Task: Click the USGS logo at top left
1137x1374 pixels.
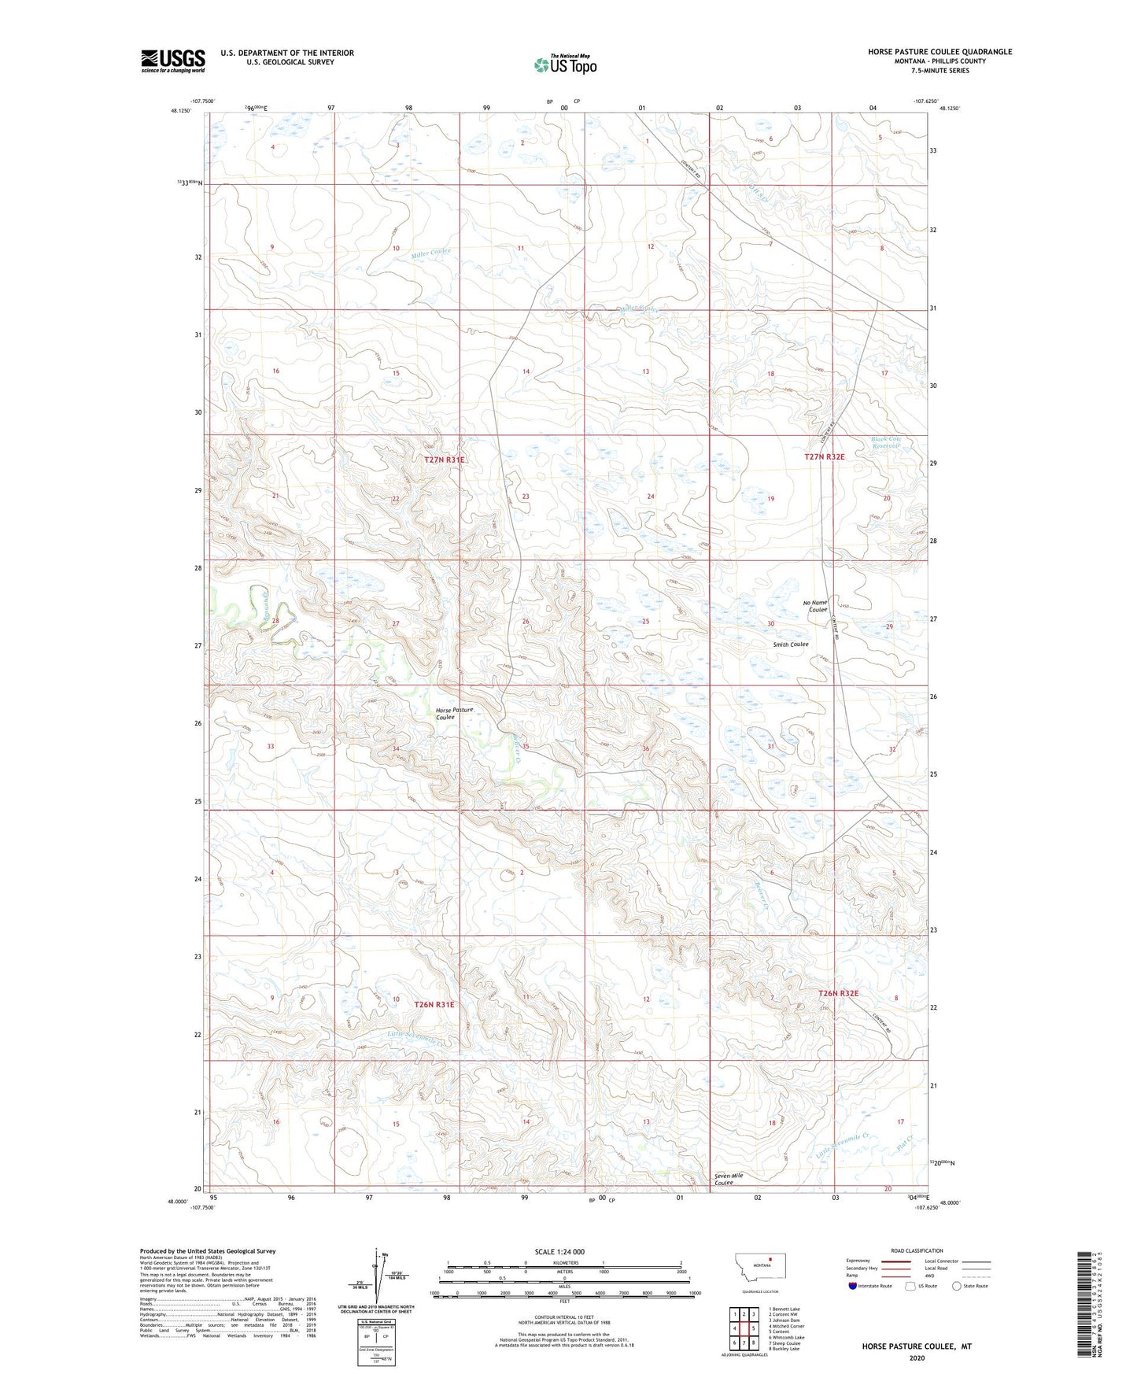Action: [x=173, y=61]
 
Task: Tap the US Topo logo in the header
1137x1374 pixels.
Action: [x=564, y=65]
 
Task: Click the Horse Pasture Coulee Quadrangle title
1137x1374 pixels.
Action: [x=940, y=52]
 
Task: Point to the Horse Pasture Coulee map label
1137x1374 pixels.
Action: [x=454, y=713]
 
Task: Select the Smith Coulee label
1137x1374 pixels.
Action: [x=790, y=644]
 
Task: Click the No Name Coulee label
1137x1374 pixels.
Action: [x=815, y=606]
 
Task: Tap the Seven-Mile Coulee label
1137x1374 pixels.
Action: [x=728, y=1179]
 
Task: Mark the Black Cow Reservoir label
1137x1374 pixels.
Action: [x=885, y=442]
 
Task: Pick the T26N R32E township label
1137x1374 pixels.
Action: [x=838, y=993]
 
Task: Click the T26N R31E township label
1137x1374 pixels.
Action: [x=434, y=1004]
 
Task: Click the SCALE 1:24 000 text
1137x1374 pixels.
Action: [x=559, y=1251]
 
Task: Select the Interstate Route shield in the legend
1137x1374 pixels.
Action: [x=854, y=1286]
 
